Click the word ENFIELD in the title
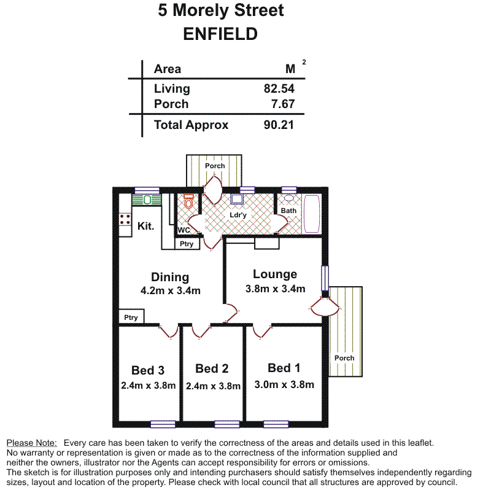(x=220, y=34)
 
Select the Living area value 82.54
(x=279, y=88)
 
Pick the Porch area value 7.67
(x=284, y=104)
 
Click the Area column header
(x=168, y=69)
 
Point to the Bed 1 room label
(x=284, y=368)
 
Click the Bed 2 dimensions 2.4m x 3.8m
(x=212, y=386)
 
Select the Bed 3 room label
(x=148, y=370)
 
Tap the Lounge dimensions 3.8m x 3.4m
(x=275, y=289)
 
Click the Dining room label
(x=170, y=278)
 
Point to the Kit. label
(x=145, y=226)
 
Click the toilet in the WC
(x=189, y=201)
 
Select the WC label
(x=184, y=230)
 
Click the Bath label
(x=288, y=211)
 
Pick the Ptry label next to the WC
(x=187, y=244)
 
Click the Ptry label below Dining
(x=131, y=317)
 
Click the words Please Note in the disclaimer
(x=31, y=443)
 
